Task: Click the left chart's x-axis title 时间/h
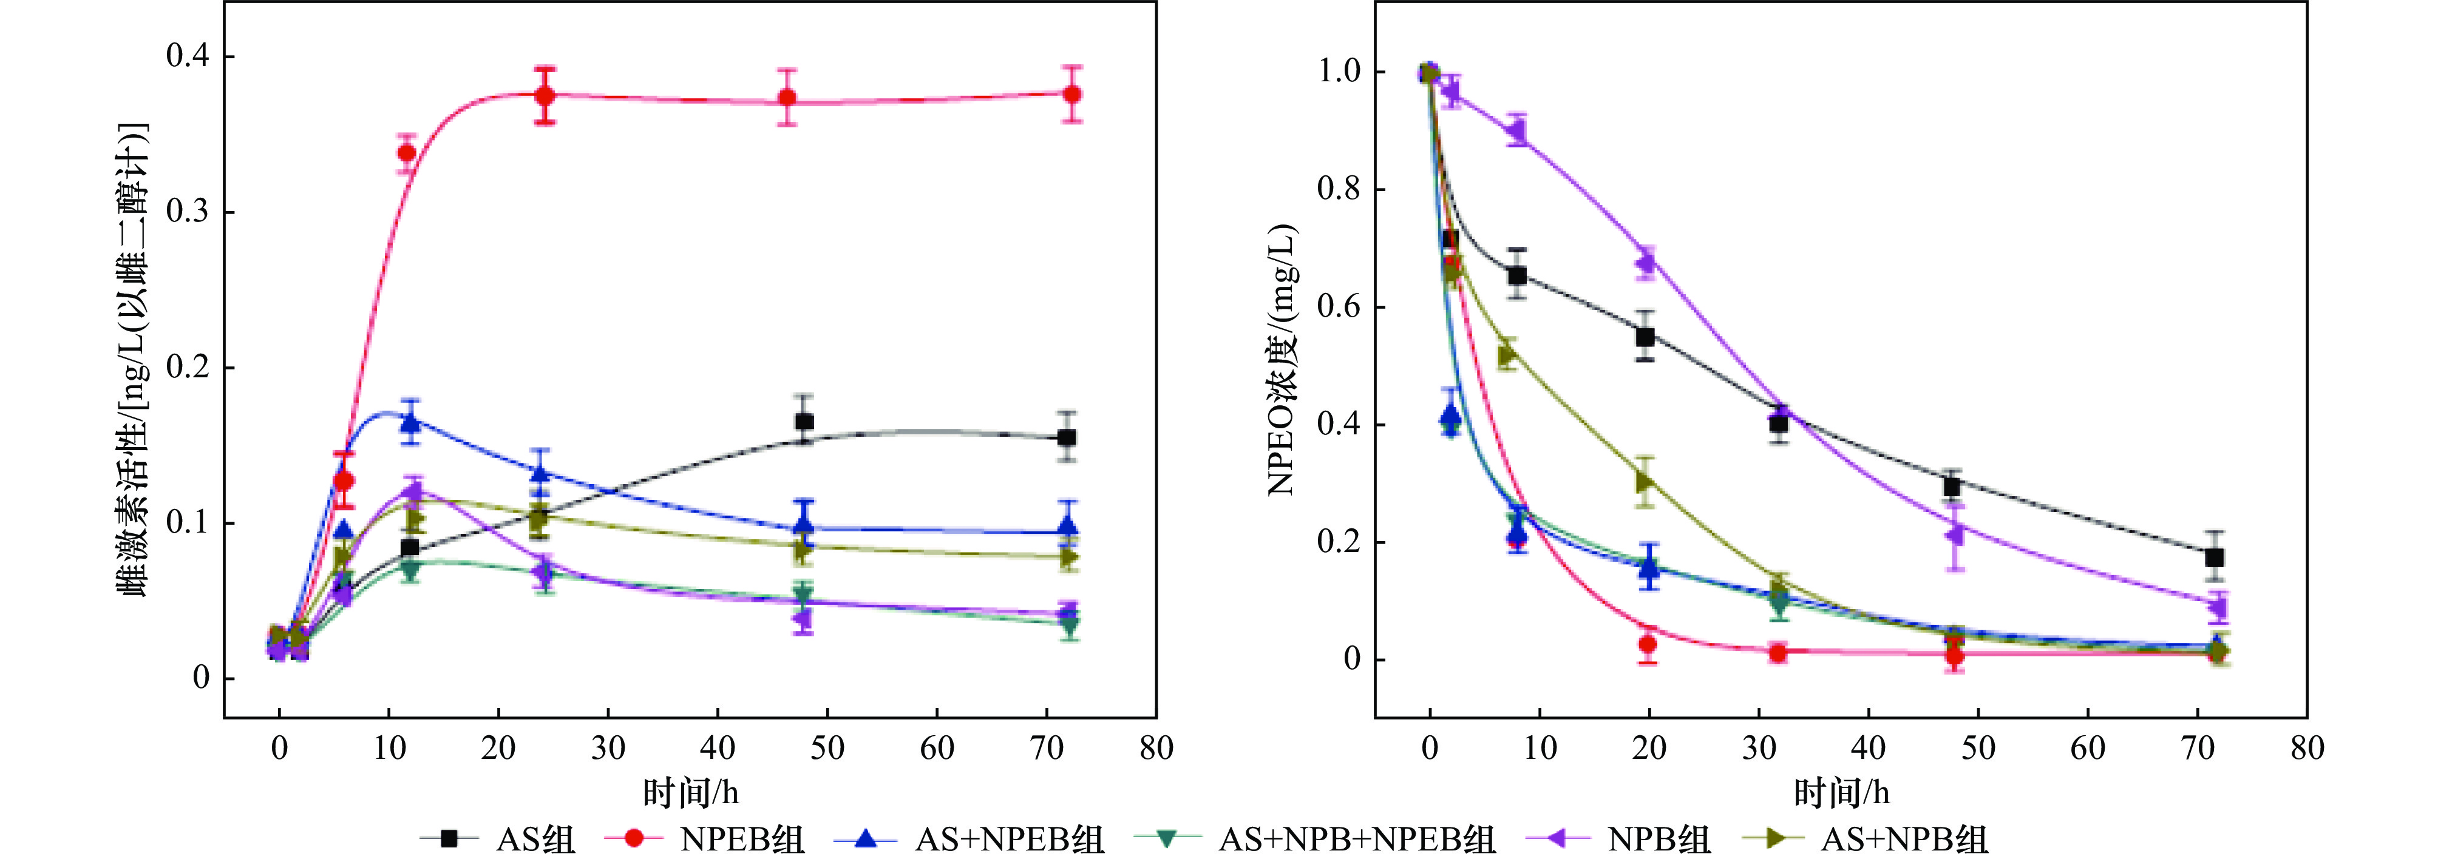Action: [x=690, y=793]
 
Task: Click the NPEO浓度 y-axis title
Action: [x=1282, y=360]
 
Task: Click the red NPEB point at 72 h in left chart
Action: [x=1071, y=95]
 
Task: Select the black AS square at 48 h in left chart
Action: [x=804, y=422]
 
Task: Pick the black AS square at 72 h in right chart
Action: [x=2214, y=557]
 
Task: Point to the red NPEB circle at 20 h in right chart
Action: [x=1648, y=644]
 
